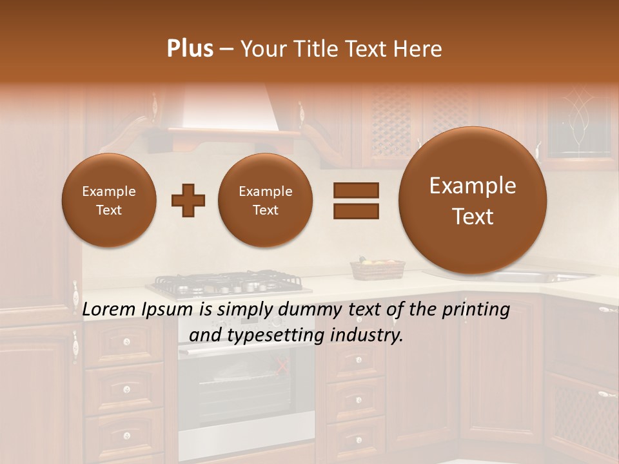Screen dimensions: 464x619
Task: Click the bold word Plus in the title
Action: point(190,49)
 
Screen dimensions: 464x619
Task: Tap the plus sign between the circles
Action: point(188,200)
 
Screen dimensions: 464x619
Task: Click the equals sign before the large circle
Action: point(355,200)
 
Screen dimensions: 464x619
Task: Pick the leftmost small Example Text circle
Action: point(109,200)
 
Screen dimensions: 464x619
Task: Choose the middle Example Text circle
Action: point(266,200)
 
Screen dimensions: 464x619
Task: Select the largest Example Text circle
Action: point(473,200)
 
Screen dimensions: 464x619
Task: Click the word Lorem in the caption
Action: point(110,309)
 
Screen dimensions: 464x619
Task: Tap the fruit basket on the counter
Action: point(377,269)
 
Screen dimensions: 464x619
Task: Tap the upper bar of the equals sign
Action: point(355,190)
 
